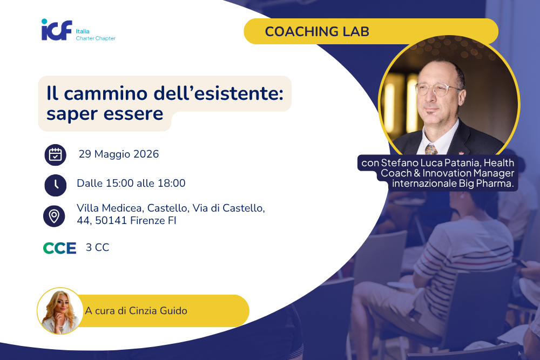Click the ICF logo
tap(57, 30)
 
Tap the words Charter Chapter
tap(96, 38)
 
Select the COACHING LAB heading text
tap(317, 32)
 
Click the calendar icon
tap(56, 155)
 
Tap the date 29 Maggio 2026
tap(119, 154)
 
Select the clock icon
tap(56, 185)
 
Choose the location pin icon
tap(54, 216)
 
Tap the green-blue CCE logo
tap(59, 248)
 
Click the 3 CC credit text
tap(97, 247)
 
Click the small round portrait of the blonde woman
tap(60, 311)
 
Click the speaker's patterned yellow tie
tap(431, 149)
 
